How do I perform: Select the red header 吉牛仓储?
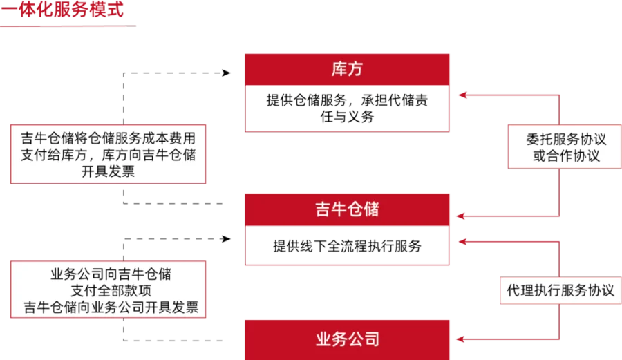(348, 209)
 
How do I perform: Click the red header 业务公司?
(348, 339)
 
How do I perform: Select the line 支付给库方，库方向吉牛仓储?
(108, 155)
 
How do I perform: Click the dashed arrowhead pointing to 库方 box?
(227, 72)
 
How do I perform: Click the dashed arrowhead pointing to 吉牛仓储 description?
(227, 239)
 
